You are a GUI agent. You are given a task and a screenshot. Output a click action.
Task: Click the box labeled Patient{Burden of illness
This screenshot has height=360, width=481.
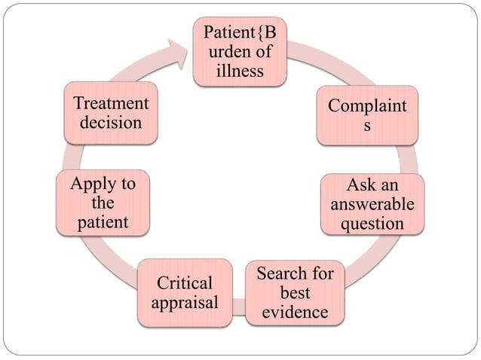click(239, 51)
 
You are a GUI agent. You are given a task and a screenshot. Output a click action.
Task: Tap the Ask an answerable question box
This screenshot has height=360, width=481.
click(372, 204)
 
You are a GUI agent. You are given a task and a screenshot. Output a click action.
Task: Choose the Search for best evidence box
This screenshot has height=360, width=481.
click(295, 291)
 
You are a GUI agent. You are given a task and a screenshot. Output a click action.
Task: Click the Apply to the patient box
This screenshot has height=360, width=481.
click(102, 203)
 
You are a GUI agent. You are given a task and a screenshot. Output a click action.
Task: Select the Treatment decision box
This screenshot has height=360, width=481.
click(111, 112)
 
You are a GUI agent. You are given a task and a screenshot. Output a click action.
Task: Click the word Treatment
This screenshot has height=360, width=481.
click(111, 103)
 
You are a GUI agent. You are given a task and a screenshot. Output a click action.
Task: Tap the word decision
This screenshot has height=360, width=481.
click(111, 122)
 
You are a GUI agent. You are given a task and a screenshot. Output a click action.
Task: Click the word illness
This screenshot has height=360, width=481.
click(239, 72)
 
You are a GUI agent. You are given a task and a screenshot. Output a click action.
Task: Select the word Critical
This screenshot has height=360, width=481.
click(185, 282)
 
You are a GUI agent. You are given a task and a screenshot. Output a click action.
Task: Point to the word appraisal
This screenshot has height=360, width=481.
click(185, 303)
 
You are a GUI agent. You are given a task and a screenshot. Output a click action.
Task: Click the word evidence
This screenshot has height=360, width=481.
click(295, 311)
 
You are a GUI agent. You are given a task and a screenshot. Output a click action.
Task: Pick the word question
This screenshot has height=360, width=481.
click(372, 224)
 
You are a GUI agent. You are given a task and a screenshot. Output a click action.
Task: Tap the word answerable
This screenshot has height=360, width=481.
click(372, 204)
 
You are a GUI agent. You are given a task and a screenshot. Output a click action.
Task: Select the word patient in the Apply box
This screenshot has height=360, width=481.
click(102, 223)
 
